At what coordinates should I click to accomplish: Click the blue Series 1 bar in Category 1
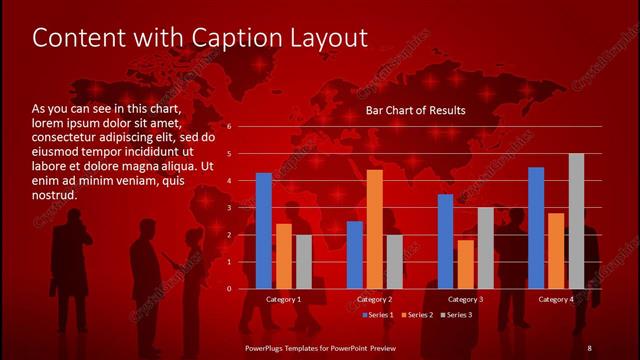tap(264, 230)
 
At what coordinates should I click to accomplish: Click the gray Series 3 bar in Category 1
tap(303, 261)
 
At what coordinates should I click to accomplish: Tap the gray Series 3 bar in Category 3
tap(485, 247)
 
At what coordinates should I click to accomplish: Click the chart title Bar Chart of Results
tap(415, 110)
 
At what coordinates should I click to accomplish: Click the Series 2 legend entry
tap(416, 315)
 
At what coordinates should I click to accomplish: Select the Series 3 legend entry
tap(456, 315)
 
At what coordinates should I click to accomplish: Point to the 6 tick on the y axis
tap(229, 127)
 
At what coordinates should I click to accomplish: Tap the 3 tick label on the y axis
tap(229, 208)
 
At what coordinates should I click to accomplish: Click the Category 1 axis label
tap(284, 299)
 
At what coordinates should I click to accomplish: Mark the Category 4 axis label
tap(556, 299)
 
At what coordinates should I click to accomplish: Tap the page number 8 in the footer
tap(589, 347)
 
